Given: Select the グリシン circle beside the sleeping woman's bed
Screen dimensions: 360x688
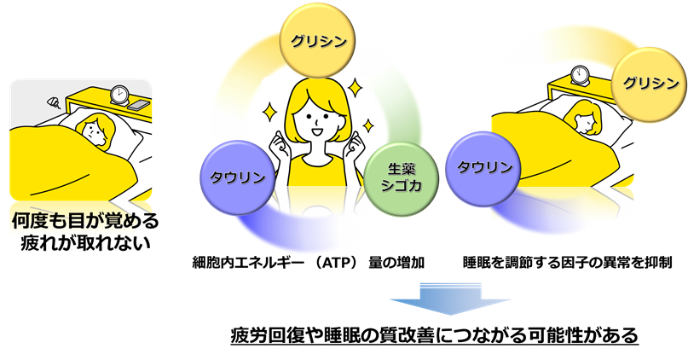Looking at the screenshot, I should pyautogui.click(x=650, y=83).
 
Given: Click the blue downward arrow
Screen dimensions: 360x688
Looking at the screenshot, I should pyautogui.click(x=451, y=299).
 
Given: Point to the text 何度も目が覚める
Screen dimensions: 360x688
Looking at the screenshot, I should pyautogui.click(x=82, y=221).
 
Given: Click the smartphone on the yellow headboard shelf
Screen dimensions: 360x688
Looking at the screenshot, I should pyautogui.click(x=139, y=104).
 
